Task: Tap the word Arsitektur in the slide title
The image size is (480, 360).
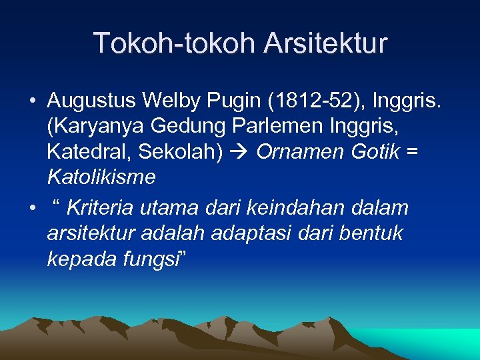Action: coord(325,43)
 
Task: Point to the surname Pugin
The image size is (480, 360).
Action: coord(231,101)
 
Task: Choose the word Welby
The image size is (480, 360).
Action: coord(173,101)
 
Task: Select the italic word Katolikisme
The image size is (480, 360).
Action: coord(101,177)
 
